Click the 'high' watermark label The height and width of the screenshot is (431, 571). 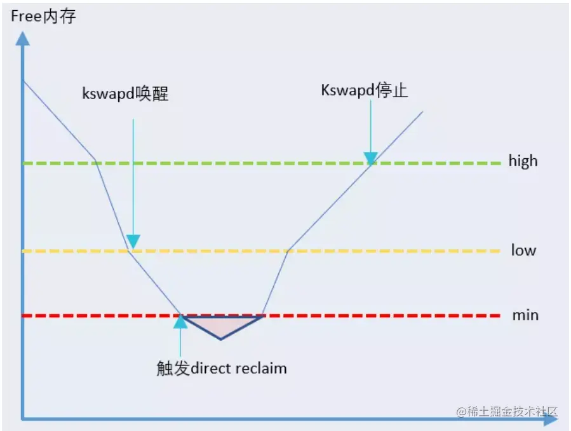click(x=523, y=161)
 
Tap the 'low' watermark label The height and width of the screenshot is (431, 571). click(x=523, y=250)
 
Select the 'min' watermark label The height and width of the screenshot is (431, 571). click(x=525, y=315)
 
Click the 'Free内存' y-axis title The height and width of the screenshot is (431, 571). click(x=43, y=17)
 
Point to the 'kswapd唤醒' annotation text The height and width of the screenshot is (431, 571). click(x=126, y=94)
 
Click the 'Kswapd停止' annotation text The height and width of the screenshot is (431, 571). click(x=364, y=90)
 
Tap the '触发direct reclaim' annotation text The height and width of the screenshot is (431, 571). click(x=221, y=368)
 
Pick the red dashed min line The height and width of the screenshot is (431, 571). click(x=381, y=315)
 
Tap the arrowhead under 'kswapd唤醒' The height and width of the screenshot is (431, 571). click(x=133, y=242)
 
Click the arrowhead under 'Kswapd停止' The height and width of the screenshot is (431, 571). click(x=370, y=158)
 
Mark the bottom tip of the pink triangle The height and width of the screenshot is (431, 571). click(x=221, y=339)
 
